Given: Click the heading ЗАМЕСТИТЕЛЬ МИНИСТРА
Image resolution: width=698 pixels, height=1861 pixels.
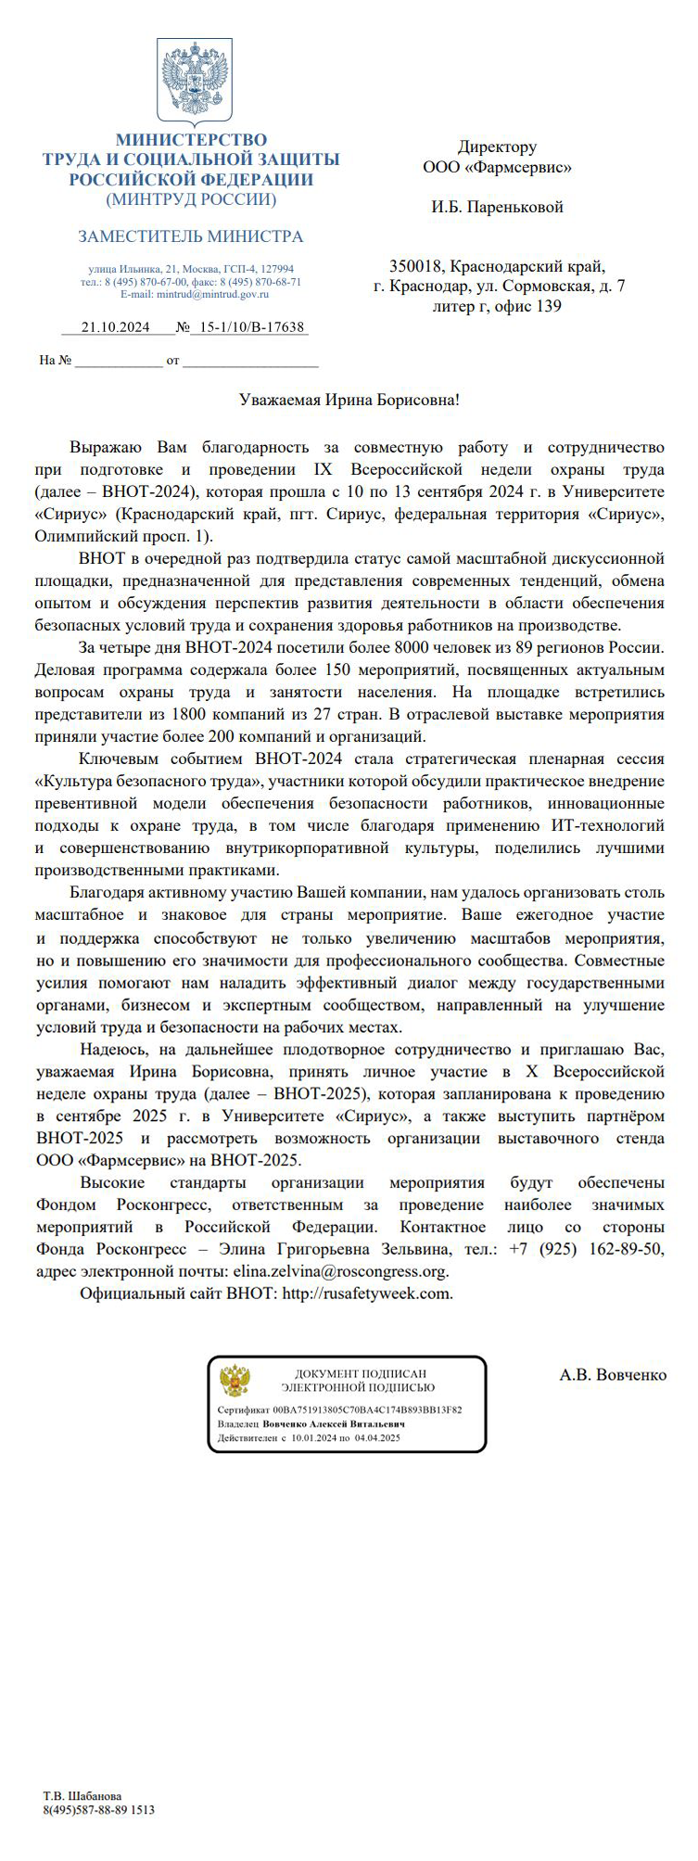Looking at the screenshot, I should pyautogui.click(x=191, y=236).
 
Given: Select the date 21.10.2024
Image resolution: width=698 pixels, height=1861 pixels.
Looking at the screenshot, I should pyautogui.click(x=116, y=327).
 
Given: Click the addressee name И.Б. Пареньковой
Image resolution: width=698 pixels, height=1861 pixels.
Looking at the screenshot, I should pyautogui.click(x=497, y=207).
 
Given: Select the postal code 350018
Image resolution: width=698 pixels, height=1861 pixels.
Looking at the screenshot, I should pyautogui.click(x=416, y=265).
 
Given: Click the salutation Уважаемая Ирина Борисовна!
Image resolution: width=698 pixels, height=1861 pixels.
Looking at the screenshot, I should pyautogui.click(x=349, y=400).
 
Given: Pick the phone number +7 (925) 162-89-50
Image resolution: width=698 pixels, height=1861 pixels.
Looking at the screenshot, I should pyautogui.click(x=586, y=1249).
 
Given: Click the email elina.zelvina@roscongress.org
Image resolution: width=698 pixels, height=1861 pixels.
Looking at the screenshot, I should pyautogui.click(x=340, y=1271).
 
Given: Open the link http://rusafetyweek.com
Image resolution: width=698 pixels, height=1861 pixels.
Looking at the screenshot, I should pyautogui.click(x=367, y=1294).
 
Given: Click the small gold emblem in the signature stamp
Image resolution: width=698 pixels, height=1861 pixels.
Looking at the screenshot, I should pyautogui.click(x=235, y=1381).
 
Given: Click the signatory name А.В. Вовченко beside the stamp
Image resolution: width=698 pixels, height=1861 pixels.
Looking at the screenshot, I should pyautogui.click(x=613, y=1374).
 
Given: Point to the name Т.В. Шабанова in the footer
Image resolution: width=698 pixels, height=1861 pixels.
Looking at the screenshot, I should pyautogui.click(x=82, y=1796).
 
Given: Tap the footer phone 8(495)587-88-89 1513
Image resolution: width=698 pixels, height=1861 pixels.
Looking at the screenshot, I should pyautogui.click(x=99, y=1809).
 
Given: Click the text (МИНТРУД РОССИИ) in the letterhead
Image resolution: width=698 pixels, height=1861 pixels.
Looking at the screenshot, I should pyautogui.click(x=191, y=199).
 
